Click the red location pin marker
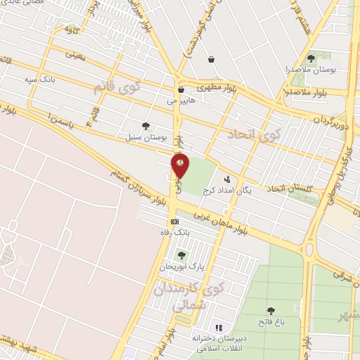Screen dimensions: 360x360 point(181,165)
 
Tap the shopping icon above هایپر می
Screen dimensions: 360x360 point(181,90)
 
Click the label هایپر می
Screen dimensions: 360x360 point(181,101)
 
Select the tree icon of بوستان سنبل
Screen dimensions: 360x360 point(146,127)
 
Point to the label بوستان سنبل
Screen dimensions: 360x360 point(146,137)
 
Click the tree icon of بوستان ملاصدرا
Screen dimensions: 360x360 point(311,59)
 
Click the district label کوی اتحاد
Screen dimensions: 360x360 point(254,134)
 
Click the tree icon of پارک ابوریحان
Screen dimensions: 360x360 point(181,255)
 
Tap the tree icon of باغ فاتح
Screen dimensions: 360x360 point(271,311)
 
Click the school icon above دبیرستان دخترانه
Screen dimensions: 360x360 point(218,328)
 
